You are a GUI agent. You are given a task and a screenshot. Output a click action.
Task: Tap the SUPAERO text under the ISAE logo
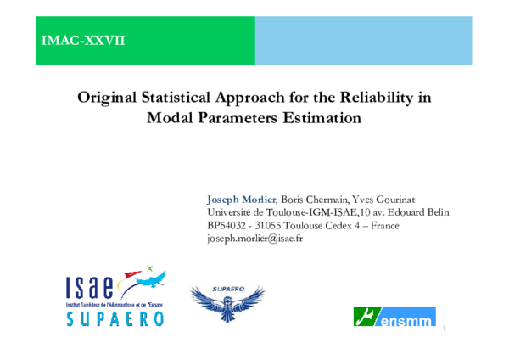coord(115,318)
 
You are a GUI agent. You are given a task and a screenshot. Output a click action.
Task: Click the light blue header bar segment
coord(363,40)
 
